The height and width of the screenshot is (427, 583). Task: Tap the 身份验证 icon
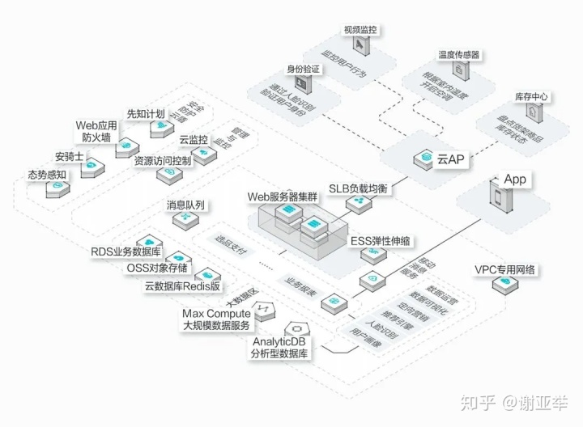pos(304,83)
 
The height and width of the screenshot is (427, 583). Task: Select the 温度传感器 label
pos(459,55)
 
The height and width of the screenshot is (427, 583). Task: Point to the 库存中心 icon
pos(532,112)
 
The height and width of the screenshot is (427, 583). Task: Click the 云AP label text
pos(450,159)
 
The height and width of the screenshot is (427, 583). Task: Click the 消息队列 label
pos(185,205)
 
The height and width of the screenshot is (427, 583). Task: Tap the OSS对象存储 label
pos(158,268)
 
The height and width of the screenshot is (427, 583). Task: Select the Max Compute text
pos(216,313)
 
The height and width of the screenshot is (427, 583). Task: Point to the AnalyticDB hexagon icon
pos(297,329)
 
